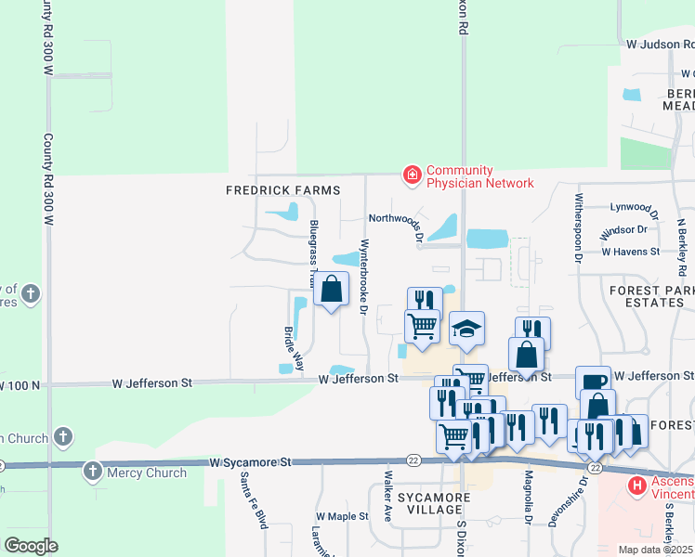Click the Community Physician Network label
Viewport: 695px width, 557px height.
[x=479, y=176]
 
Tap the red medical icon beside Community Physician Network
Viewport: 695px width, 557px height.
[x=411, y=174]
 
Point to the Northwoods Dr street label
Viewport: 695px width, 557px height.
[x=396, y=223]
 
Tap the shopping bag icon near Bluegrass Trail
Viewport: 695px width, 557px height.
[x=331, y=290]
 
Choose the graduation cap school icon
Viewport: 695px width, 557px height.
[x=467, y=329]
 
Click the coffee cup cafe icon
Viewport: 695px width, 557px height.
[x=593, y=382]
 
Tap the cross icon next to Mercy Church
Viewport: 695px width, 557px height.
[x=93, y=473]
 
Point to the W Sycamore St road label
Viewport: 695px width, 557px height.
[x=250, y=461]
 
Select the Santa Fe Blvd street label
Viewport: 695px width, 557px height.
[x=248, y=502]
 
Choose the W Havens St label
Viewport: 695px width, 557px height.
[x=630, y=252]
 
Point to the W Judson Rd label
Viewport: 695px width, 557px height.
[x=660, y=44]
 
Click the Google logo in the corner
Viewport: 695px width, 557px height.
[x=30, y=546]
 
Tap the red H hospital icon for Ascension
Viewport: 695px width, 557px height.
[x=637, y=486]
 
